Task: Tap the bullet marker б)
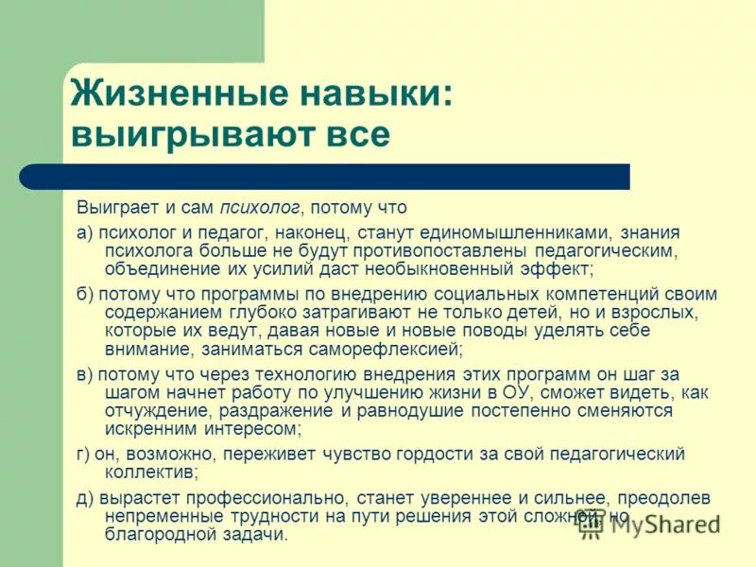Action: click(85, 294)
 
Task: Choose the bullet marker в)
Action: click(85, 374)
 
